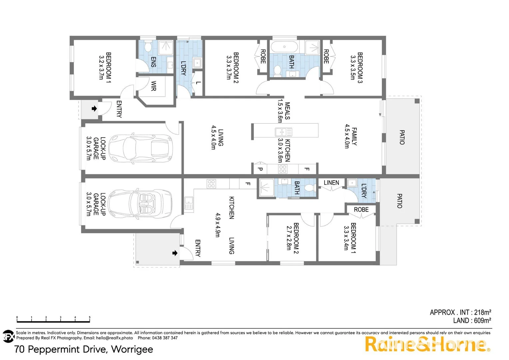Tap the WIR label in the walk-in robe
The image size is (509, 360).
coord(154,86)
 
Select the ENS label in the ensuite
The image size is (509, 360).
coord(154,62)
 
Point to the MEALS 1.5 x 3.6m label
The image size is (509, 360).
coord(283,111)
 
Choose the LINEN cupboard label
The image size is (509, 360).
coord(331,183)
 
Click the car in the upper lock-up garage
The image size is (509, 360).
coord(140,148)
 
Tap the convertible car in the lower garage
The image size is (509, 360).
coord(141,203)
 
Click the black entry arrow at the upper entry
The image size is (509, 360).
coord(94,109)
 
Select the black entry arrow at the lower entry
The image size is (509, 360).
coord(175,253)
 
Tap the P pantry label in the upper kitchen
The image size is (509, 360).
coord(260,169)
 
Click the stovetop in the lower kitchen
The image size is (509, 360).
coord(211,184)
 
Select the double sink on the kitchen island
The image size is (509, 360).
coord(283,132)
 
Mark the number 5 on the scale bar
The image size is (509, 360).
coord(90,317)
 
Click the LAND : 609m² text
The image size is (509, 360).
coord(472,321)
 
